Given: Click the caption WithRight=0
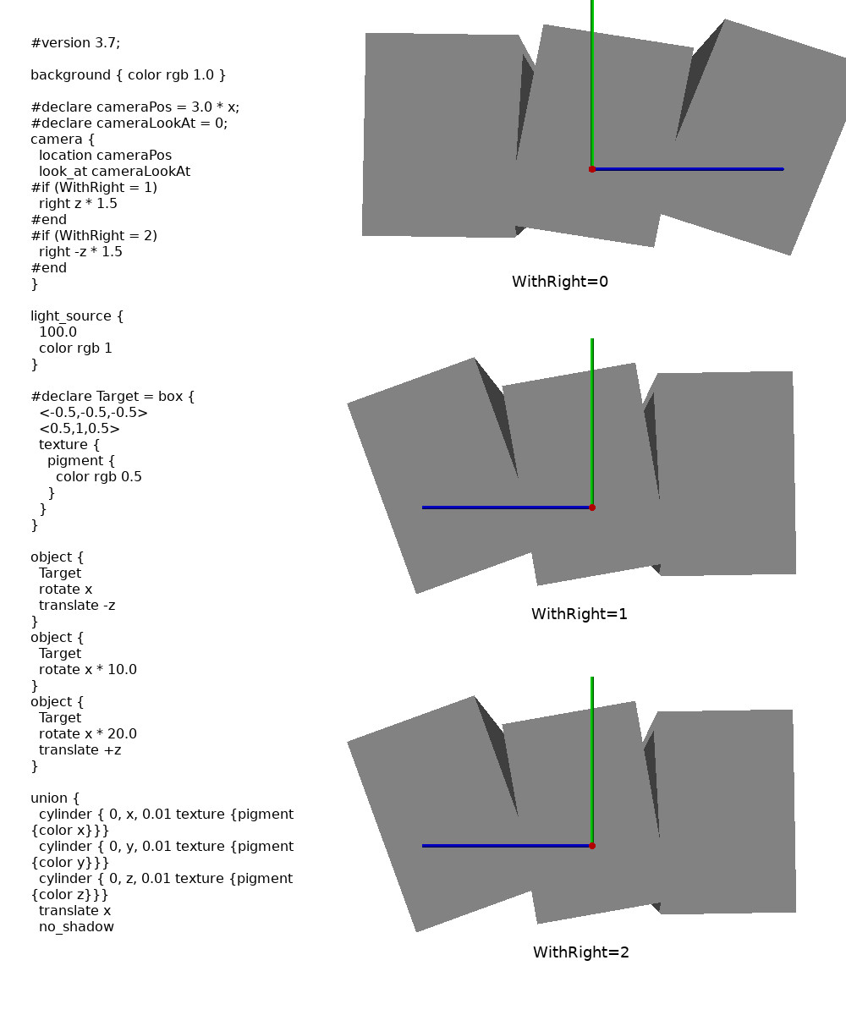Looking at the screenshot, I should pos(559,282).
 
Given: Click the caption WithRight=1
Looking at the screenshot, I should pos(579,614).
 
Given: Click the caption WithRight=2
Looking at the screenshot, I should pos(580,952).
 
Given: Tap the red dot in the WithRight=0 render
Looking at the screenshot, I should pos(592,169).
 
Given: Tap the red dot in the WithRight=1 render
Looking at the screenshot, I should pos(592,507).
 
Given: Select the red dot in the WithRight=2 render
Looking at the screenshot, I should pos(592,846).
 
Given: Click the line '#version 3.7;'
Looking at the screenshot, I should pos(81,43).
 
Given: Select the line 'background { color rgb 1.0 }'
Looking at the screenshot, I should pos(128,75).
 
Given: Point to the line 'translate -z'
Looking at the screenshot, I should pos(77,606).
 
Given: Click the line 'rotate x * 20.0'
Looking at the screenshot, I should pos(87,734).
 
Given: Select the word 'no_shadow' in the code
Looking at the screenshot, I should pos(76,927).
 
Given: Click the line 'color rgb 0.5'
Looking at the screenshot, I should pos(98,477).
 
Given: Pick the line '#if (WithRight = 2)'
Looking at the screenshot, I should pos(93,236).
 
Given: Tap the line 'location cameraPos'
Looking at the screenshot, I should pos(105,156).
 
